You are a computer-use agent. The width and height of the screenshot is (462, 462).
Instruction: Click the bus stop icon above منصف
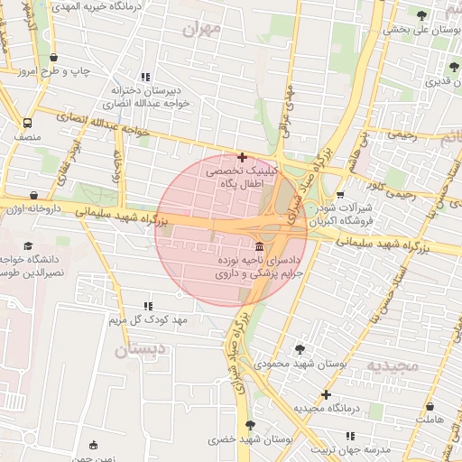(x=28, y=124)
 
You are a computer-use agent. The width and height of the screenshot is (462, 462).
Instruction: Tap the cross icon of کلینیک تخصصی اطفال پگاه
(x=242, y=157)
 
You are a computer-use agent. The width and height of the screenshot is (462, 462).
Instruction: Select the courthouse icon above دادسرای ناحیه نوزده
(x=260, y=246)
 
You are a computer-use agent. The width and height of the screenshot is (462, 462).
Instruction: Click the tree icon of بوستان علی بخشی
(x=421, y=14)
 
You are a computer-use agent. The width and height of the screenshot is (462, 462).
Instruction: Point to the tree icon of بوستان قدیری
(x=454, y=67)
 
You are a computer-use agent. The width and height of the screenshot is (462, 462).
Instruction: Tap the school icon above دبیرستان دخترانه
(x=146, y=77)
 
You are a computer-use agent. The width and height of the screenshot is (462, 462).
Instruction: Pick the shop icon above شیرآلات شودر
(x=340, y=194)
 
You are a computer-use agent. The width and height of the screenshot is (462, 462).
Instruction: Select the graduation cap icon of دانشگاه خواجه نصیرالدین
(x=28, y=245)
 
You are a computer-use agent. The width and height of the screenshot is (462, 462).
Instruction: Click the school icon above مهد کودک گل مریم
(x=148, y=307)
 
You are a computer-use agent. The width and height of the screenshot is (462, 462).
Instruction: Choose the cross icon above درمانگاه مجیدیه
(x=326, y=394)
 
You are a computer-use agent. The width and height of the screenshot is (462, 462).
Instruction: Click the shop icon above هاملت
(x=430, y=407)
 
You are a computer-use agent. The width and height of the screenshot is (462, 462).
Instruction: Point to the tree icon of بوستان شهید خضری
(x=250, y=425)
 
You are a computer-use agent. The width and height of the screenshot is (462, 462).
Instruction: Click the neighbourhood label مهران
(x=200, y=30)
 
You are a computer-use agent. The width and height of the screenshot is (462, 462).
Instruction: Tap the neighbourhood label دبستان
(x=141, y=349)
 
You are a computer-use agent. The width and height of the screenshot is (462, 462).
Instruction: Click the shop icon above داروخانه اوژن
(x=34, y=194)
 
